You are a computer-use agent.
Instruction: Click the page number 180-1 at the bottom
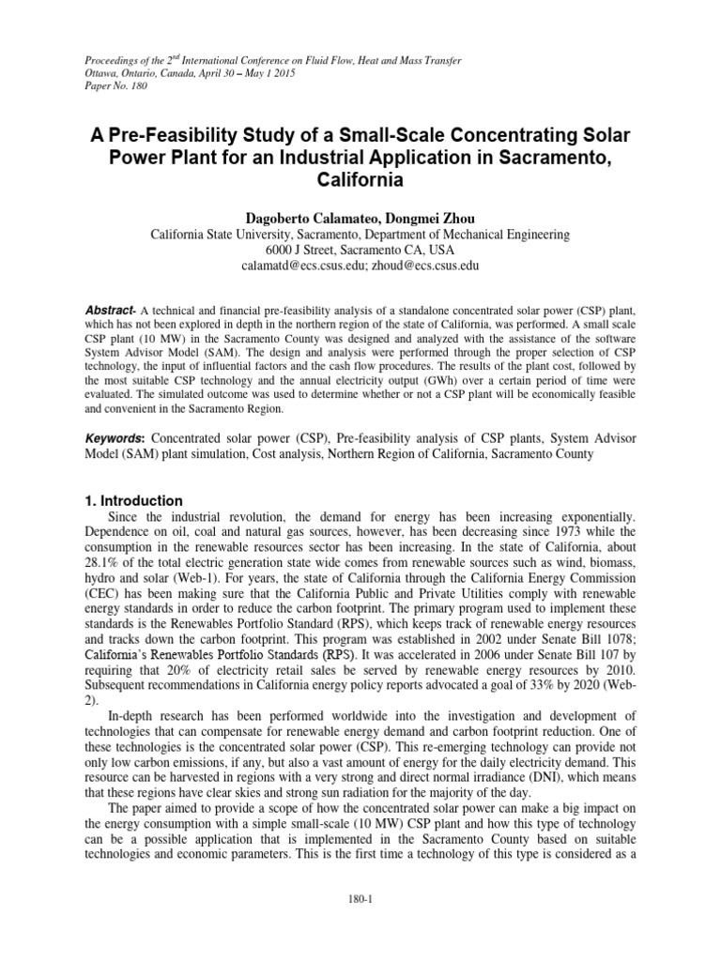point(360,900)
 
